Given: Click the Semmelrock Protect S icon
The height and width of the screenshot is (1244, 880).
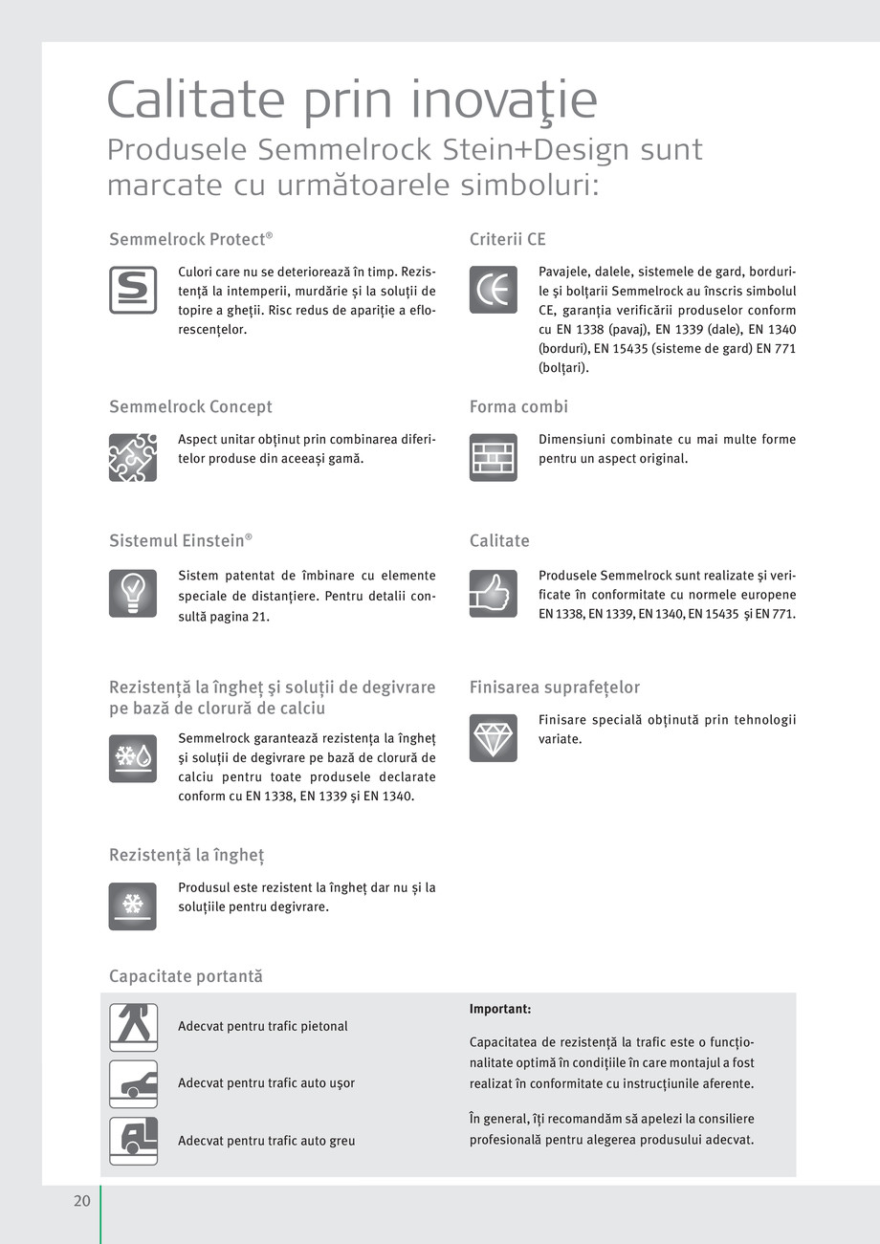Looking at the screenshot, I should (x=133, y=290).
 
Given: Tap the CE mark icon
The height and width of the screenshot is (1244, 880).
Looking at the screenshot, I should (x=494, y=290).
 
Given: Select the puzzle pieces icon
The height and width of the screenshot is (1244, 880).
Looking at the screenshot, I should (x=133, y=457).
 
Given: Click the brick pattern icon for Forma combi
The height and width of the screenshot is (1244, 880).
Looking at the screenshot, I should (x=494, y=457).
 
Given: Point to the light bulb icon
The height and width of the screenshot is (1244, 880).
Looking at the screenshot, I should (x=133, y=594).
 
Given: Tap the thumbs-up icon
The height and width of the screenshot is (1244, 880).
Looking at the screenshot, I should (x=494, y=594).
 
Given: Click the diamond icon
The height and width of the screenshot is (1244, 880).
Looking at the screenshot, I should (x=494, y=738).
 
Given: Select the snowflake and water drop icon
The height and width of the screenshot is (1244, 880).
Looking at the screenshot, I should (x=133, y=758).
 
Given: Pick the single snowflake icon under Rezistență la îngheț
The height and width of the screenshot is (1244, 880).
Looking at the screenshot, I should (x=133, y=906).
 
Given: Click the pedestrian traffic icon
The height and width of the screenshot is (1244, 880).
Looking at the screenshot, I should (x=133, y=1027).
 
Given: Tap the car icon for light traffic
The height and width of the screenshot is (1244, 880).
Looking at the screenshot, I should (x=133, y=1083).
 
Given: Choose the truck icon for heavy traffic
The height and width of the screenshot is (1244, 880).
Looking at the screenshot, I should (x=133, y=1141).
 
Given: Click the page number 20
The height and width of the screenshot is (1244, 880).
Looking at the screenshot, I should (x=82, y=1201).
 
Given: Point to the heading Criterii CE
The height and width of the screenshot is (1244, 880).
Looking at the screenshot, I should (x=507, y=240).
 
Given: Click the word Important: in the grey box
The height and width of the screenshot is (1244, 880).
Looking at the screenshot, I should (x=500, y=1009).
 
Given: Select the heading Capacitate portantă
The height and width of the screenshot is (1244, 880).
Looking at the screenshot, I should (x=186, y=976).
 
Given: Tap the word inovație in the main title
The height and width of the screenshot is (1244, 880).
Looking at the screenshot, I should (x=506, y=100).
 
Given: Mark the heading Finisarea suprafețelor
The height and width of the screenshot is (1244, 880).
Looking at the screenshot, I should (x=554, y=687).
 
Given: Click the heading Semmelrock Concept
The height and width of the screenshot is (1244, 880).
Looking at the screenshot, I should (x=190, y=407).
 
